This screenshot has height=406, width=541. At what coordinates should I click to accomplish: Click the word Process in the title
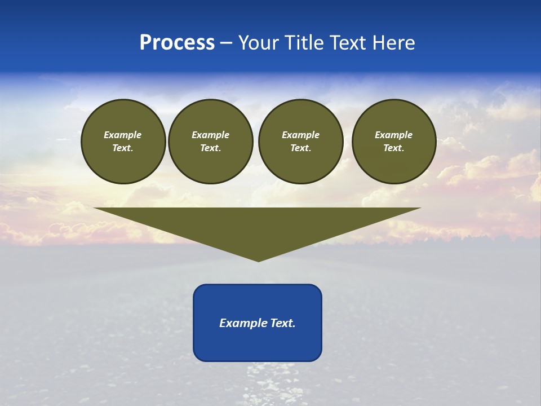tap(177, 43)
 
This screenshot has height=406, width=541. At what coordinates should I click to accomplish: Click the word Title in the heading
tap(304, 43)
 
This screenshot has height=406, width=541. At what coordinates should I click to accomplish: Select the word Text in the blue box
tap(283, 323)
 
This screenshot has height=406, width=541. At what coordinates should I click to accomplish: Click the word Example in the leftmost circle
tap(123, 135)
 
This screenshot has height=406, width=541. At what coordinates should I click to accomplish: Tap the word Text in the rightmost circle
tap(393, 148)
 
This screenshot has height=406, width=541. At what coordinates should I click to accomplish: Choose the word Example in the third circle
tap(300, 135)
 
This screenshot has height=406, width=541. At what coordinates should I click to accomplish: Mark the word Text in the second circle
tap(210, 148)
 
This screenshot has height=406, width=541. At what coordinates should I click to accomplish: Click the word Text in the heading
tap(348, 43)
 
